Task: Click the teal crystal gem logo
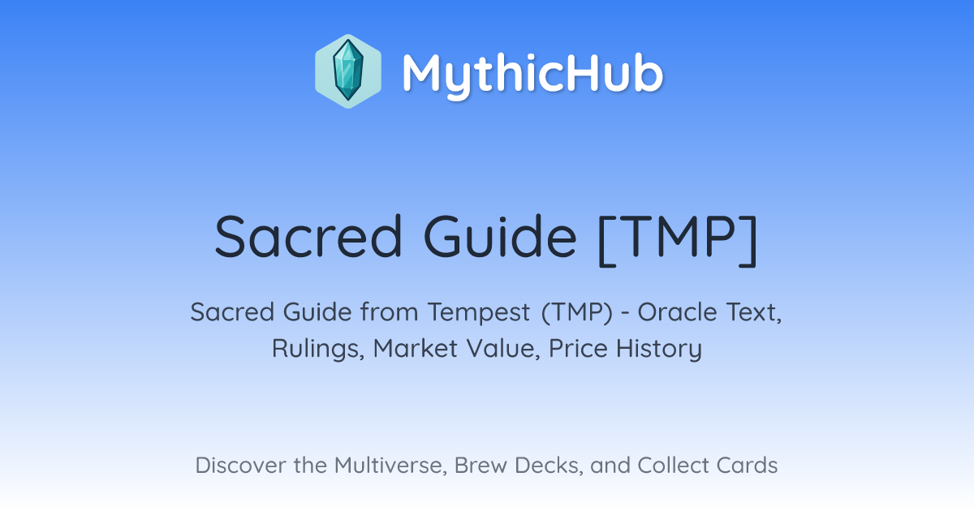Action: point(348,71)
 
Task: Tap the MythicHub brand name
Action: point(532,73)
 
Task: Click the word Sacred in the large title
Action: point(308,237)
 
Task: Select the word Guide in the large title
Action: point(500,237)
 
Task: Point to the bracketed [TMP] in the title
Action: point(679,239)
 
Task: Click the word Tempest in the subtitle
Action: point(479,312)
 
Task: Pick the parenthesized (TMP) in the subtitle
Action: point(577,312)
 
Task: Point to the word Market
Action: point(416,349)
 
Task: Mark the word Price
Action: point(578,349)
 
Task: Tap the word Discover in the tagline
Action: point(240,465)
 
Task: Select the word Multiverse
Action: point(391,466)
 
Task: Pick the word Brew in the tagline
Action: point(481,465)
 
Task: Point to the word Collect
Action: point(673,465)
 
